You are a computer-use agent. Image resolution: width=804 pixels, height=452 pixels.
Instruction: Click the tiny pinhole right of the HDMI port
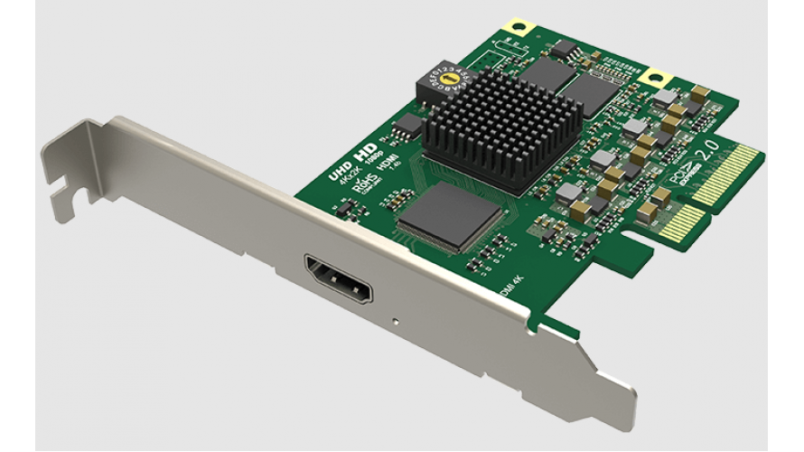[395, 318]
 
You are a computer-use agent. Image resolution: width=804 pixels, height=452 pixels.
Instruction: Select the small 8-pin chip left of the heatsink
[411, 123]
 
